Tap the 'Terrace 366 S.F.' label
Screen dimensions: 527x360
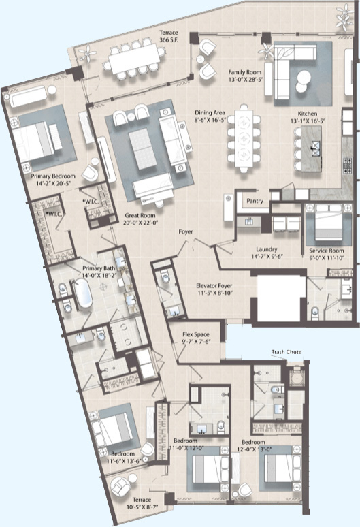coord(169,36)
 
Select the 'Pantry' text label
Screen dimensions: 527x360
coord(255,201)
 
